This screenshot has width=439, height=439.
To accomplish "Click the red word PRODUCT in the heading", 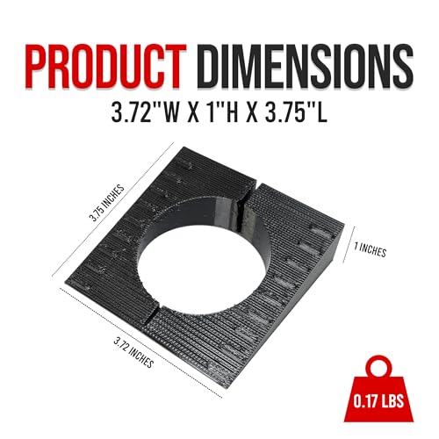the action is point(105,66).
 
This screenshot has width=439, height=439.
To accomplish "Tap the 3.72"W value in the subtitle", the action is point(145,112).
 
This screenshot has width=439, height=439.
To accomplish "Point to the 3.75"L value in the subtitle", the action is point(296,112).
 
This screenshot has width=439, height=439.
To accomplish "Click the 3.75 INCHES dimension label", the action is point(107,203).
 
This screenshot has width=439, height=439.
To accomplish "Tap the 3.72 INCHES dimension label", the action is point(133,352).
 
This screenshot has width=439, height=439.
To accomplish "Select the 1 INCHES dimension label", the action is point(370,249).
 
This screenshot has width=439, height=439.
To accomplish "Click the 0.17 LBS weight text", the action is point(378,400).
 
